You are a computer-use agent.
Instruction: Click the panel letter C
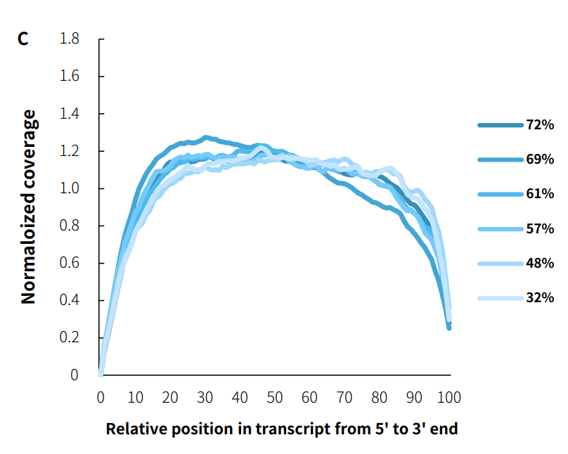[23, 39]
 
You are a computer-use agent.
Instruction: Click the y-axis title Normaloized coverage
[28, 207]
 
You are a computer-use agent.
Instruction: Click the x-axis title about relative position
[281, 428]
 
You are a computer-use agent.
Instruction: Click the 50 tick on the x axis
[275, 398]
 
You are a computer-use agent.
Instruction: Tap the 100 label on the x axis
[449, 398]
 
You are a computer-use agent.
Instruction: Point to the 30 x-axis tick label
[205, 398]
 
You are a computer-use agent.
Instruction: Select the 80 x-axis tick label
[380, 398]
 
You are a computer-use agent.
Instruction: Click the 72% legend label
[540, 125]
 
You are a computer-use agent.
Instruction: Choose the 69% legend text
[540, 160]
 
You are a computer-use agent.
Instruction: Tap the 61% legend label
[540, 194]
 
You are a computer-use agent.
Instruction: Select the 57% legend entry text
[540, 228]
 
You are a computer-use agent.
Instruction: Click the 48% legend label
[540, 263]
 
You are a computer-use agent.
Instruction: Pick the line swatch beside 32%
[500, 298]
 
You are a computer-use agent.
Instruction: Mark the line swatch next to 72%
[500, 125]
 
